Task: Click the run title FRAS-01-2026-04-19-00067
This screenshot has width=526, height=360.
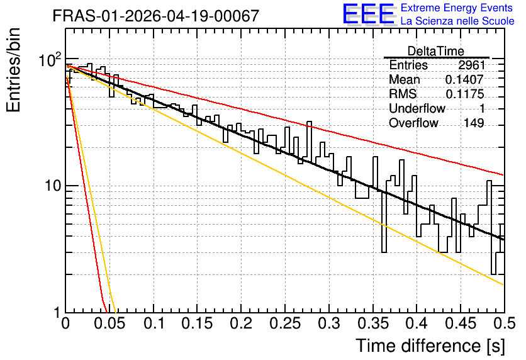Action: click(156, 16)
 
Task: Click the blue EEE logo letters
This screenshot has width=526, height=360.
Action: click(369, 14)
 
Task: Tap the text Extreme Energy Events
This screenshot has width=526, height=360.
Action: click(456, 8)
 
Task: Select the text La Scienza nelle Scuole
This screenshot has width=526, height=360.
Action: click(457, 21)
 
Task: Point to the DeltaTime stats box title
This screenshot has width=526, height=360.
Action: click(436, 51)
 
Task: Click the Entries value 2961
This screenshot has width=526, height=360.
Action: click(472, 65)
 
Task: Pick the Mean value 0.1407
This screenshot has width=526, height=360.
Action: click(464, 79)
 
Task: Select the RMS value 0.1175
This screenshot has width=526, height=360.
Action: click(465, 94)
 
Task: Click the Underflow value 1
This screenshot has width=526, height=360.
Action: click(482, 108)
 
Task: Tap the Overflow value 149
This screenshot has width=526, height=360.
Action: click(474, 123)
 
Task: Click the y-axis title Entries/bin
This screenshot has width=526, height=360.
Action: click(13, 70)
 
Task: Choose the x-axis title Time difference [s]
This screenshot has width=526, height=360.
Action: click(430, 346)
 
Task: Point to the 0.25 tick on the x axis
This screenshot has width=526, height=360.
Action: click(285, 323)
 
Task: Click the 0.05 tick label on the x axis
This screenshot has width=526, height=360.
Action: click(109, 323)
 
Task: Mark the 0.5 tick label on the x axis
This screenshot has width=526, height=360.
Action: click(505, 323)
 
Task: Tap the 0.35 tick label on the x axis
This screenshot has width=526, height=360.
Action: click(372, 323)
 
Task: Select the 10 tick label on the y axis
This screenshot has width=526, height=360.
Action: click(53, 186)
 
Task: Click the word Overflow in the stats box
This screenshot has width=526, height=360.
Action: click(413, 123)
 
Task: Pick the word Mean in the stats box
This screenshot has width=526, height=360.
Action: click(404, 79)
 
